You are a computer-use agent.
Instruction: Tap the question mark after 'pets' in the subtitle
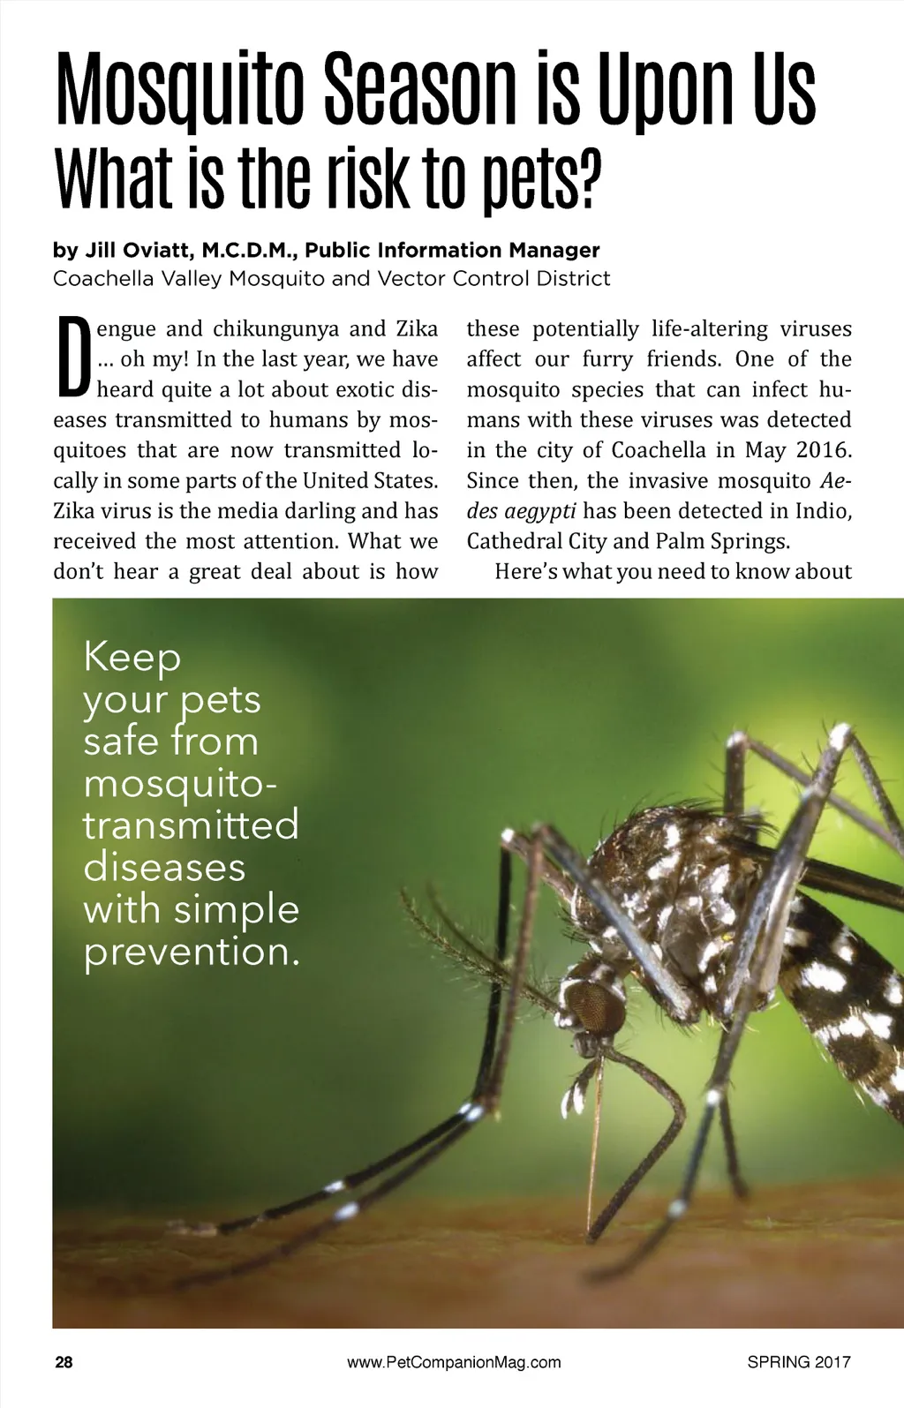(588, 179)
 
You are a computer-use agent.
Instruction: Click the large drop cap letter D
(72, 358)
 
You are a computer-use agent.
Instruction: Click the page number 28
(64, 1362)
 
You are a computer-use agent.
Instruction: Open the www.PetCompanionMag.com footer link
(454, 1362)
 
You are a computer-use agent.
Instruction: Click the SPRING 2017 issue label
(798, 1362)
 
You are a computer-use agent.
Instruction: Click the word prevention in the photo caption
(191, 952)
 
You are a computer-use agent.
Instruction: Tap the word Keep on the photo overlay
(132, 658)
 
